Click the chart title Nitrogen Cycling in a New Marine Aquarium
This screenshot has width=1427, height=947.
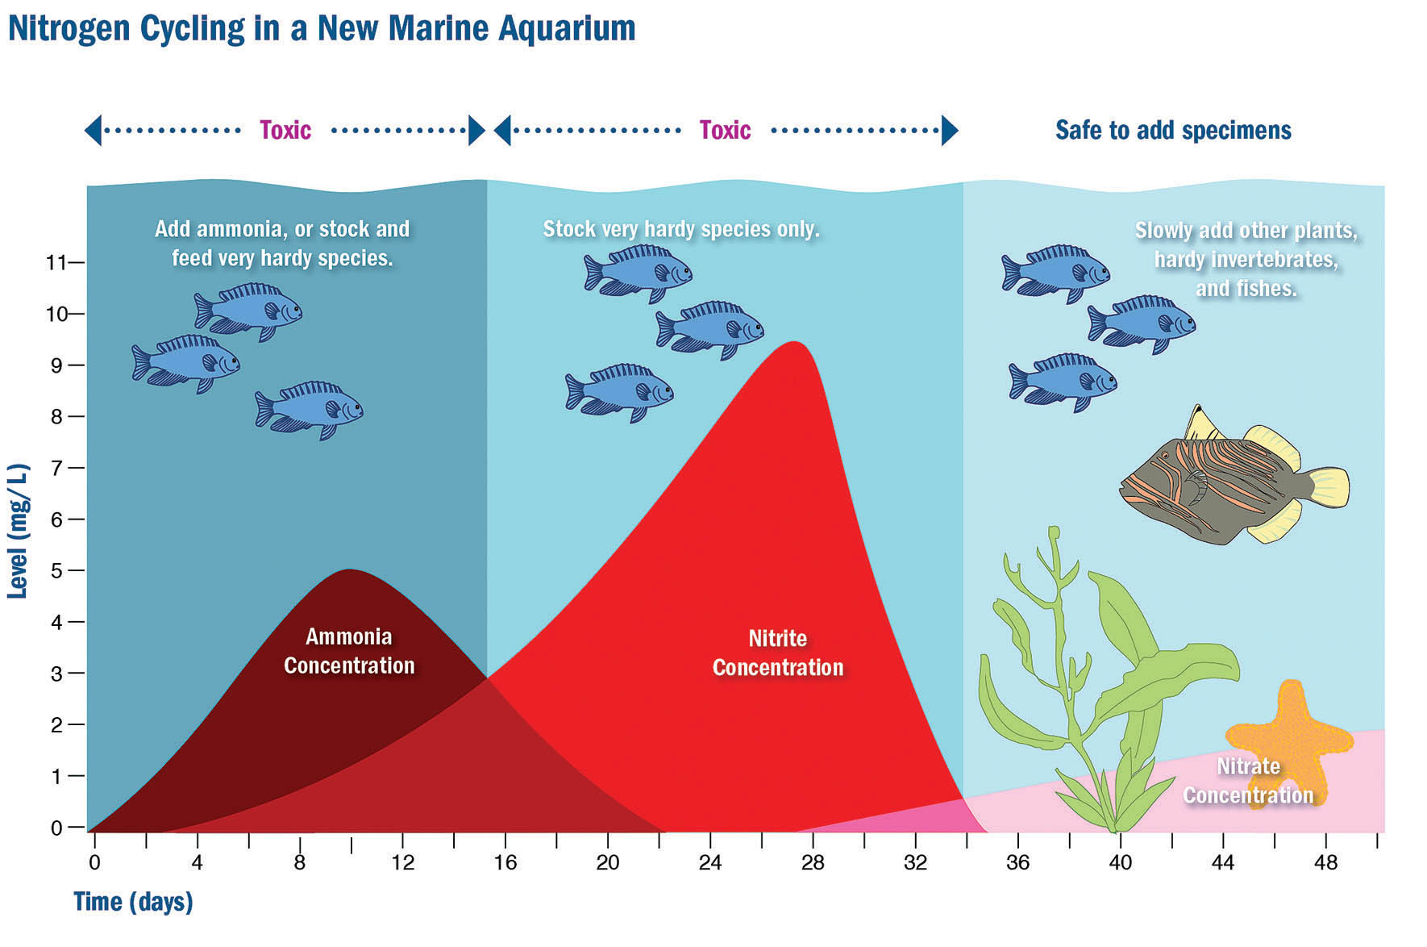tap(322, 28)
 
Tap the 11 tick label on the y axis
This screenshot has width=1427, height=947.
tap(55, 262)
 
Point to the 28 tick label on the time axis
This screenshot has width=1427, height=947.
tap(813, 862)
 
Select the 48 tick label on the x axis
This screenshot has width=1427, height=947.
tap(1325, 862)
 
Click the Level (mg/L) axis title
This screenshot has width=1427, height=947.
tap(18, 531)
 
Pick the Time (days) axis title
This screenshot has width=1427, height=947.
tap(133, 902)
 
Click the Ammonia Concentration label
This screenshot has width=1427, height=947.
tap(349, 651)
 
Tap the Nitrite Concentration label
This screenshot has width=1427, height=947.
tap(778, 653)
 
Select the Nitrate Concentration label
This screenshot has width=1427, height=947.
tap(1248, 780)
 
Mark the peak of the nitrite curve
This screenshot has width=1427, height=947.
tap(795, 342)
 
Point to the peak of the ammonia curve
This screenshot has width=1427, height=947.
tap(350, 570)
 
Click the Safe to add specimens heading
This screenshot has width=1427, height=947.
tap(1173, 130)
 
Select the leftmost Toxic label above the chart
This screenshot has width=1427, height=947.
tap(285, 130)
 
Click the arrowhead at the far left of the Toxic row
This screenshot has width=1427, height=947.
tap(94, 130)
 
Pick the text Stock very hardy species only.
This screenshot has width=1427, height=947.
tap(681, 229)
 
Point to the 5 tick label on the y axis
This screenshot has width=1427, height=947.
tap(56, 570)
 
